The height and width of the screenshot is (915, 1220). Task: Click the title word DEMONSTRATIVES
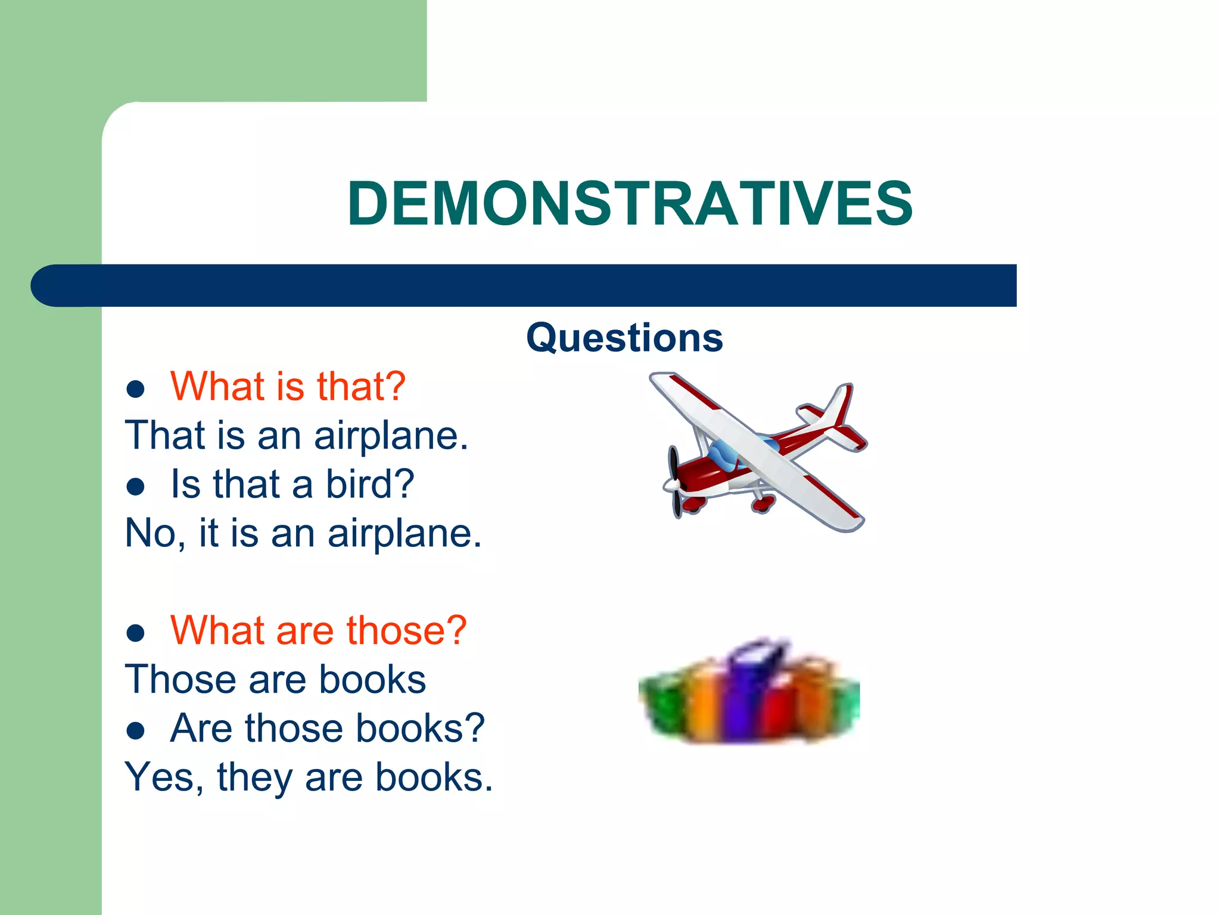tap(630, 204)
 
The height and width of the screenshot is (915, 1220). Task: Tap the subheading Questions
tap(624, 338)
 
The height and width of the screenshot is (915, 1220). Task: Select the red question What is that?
tap(288, 386)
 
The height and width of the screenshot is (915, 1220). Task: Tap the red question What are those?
tap(318, 630)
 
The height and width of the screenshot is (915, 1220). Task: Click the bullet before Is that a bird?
tap(136, 487)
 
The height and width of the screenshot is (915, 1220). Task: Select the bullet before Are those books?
tap(136, 731)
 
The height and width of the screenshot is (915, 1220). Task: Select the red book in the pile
tap(777, 712)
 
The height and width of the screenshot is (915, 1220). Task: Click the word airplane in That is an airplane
tap(391, 436)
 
